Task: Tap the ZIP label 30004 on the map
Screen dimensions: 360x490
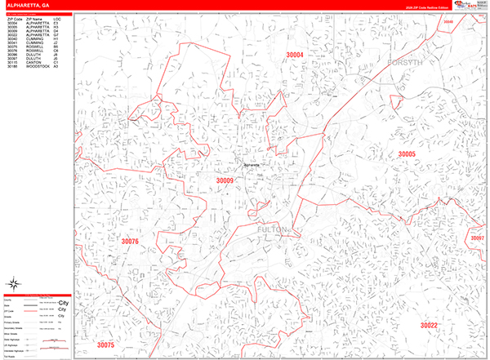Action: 295,55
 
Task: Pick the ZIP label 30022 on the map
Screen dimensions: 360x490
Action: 429,325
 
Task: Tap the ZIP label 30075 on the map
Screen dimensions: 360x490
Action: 106,345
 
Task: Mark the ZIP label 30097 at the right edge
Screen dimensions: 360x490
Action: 478,238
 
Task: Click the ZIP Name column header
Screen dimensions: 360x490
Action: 35,16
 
